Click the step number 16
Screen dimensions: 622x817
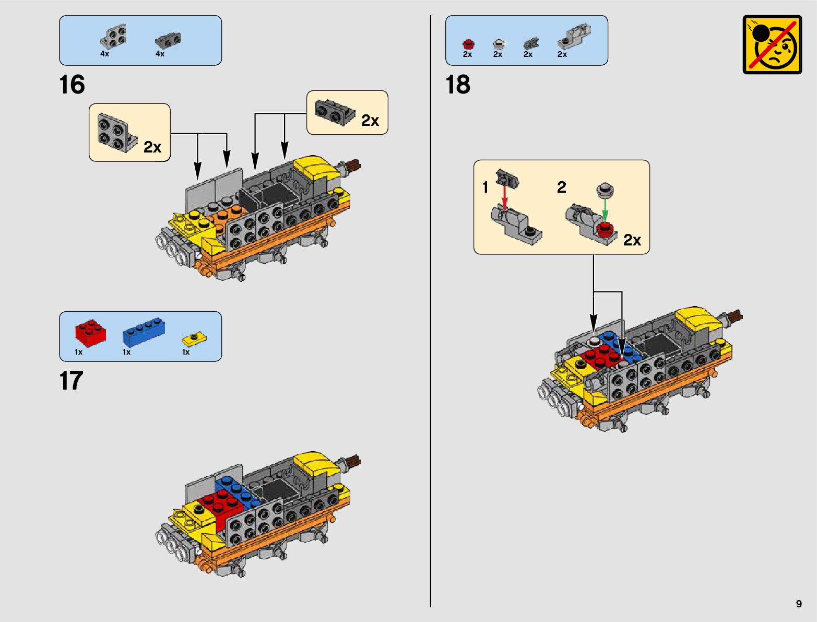tap(72, 85)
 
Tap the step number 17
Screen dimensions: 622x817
tap(72, 381)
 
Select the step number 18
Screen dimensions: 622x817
tap(458, 85)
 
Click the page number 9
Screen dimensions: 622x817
tap(799, 604)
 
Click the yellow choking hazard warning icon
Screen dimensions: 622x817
tap(772, 44)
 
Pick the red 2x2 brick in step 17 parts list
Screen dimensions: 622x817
tap(90, 333)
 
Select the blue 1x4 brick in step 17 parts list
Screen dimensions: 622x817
tap(145, 331)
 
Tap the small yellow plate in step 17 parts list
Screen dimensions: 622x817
tap(194, 338)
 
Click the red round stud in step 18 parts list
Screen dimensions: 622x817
tap(468, 44)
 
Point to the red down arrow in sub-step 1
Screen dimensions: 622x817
tap(505, 197)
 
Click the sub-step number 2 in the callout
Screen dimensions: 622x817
tap(562, 187)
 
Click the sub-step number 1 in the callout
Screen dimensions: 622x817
tap(486, 187)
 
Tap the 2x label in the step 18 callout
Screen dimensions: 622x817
tap(632, 240)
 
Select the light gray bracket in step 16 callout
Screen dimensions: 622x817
tap(116, 133)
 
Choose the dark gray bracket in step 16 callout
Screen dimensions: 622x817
tap(335, 112)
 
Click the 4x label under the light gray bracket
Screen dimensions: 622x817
tap(105, 54)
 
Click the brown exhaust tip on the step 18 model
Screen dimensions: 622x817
tap(735, 315)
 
